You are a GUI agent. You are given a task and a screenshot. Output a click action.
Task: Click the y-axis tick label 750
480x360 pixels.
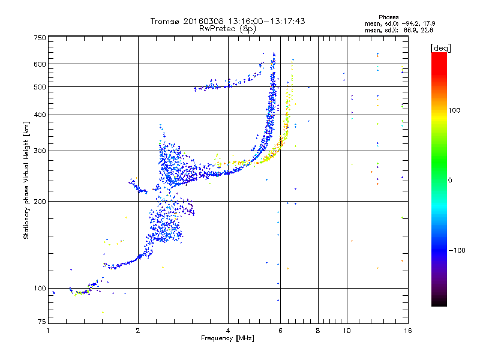[x=40, y=38]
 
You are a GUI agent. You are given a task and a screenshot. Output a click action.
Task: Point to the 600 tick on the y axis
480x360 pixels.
[x=40, y=64]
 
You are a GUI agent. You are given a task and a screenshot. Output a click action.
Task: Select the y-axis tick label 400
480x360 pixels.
[x=40, y=115]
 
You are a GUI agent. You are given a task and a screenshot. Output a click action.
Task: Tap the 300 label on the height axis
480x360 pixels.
[x=40, y=151]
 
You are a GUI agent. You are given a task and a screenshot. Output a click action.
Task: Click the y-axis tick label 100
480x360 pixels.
[x=40, y=289]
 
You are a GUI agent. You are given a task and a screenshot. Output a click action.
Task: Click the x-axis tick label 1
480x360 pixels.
[x=48, y=331]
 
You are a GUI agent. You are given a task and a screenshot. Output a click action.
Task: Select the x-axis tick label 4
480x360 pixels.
[x=228, y=331]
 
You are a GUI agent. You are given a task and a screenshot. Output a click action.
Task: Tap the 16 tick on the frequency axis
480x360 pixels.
[x=407, y=331]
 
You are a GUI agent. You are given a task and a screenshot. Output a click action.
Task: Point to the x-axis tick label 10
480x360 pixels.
[x=346, y=331]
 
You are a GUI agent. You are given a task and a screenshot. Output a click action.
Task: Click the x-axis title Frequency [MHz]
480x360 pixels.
[x=227, y=339]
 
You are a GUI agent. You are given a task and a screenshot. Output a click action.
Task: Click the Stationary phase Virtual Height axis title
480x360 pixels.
[x=26, y=180]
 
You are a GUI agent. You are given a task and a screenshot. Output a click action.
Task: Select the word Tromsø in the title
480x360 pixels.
[x=166, y=21]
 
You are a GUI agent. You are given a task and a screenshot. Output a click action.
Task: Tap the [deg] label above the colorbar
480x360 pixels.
[x=440, y=47]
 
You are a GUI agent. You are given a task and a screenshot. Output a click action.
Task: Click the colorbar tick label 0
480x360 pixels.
[x=451, y=180]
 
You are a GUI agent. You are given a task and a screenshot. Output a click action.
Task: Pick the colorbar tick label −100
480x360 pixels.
[x=457, y=250]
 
